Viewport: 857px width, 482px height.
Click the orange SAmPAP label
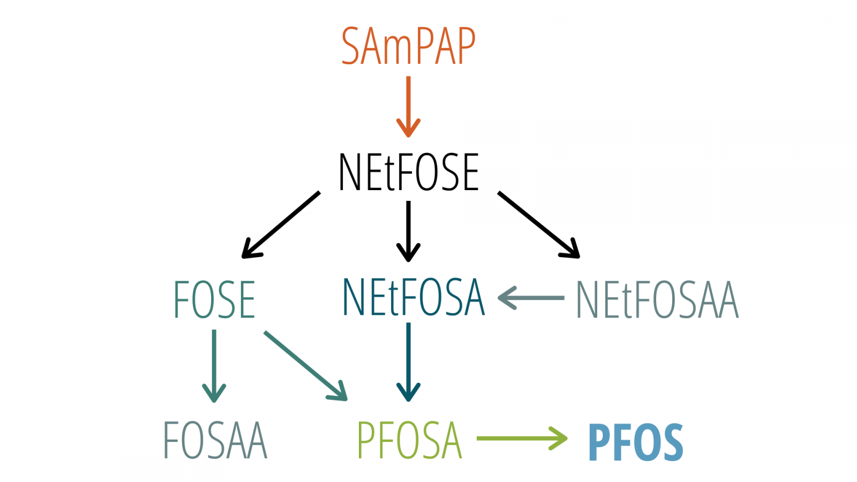click(x=408, y=47)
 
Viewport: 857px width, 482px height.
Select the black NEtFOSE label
click(x=408, y=172)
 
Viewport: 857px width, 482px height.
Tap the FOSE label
click(x=214, y=300)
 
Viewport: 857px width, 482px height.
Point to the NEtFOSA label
click(x=413, y=297)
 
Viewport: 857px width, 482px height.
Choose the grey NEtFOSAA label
click(x=657, y=300)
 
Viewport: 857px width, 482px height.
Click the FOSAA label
click(x=215, y=440)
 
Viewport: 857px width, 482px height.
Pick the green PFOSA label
click(x=409, y=440)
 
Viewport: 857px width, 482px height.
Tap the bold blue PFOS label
click(x=636, y=442)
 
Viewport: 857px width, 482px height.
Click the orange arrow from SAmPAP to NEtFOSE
click(x=408, y=104)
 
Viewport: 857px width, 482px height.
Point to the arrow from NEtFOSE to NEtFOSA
click(x=408, y=230)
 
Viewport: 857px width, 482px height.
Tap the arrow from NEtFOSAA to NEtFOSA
click(x=530, y=297)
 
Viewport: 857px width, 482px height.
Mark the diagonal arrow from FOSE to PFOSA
click(x=305, y=366)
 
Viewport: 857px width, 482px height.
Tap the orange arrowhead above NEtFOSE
click(x=408, y=129)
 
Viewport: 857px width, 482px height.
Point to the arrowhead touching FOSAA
click(x=214, y=394)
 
